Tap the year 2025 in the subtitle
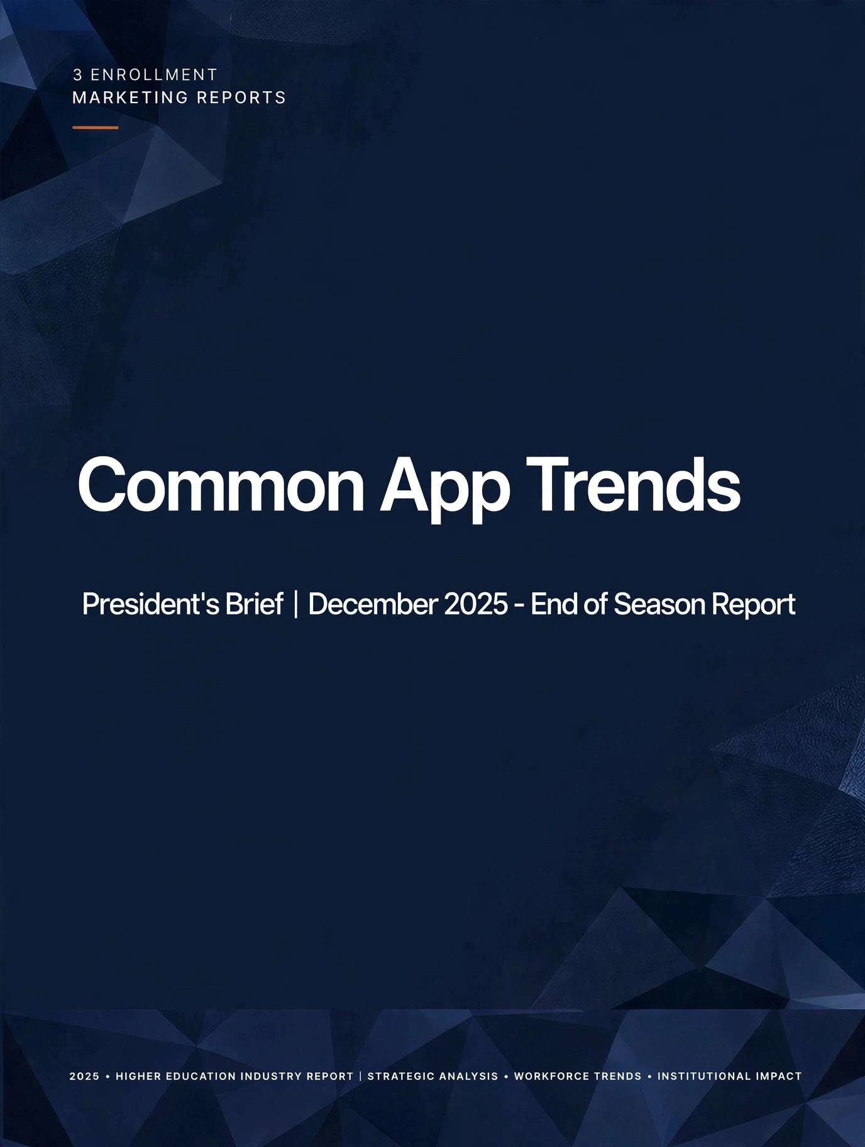[x=476, y=604]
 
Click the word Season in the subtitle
[x=651, y=604]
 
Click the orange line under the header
[x=96, y=128]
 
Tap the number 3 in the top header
[x=77, y=75]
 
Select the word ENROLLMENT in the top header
[x=154, y=75]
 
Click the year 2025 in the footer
[x=84, y=1076]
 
